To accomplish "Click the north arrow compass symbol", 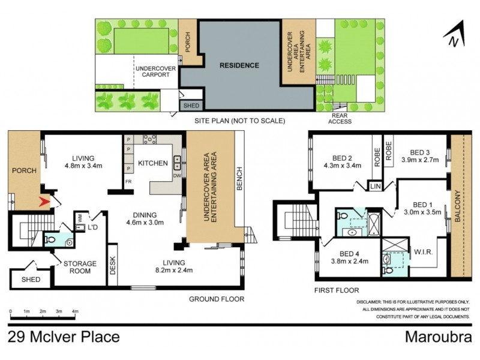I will click(454, 35).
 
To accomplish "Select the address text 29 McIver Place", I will click(64, 337).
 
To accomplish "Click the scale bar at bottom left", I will click(42, 317).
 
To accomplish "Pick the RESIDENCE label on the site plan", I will click(238, 65).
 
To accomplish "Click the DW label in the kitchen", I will click(176, 176).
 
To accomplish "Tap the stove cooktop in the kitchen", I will click(150, 141).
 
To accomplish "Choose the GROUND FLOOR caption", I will click(217, 299).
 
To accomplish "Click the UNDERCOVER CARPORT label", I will click(155, 72).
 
